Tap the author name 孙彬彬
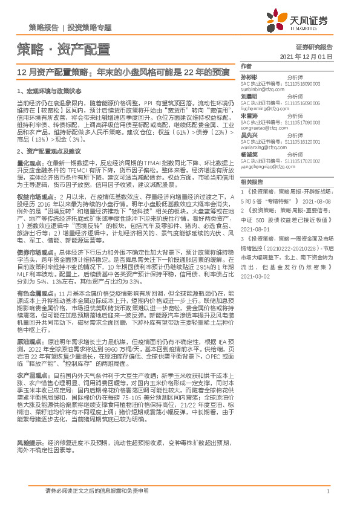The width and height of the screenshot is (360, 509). tap(249, 77)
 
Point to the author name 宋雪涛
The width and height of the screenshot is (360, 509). tap(249, 115)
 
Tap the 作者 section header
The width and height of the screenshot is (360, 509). tap(246, 66)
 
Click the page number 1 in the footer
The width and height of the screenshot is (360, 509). tap(327, 492)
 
